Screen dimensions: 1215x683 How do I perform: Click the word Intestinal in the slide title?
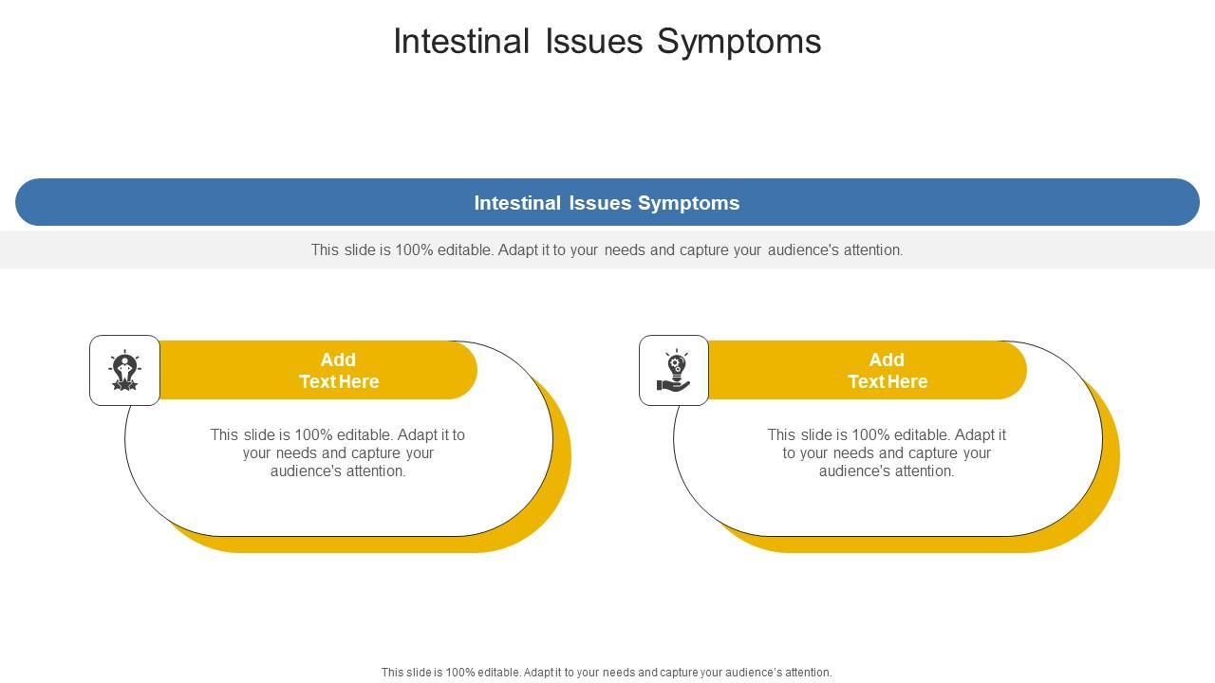[461, 41]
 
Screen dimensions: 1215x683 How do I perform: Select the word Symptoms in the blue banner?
[689, 204]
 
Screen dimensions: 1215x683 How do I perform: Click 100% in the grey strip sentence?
[414, 249]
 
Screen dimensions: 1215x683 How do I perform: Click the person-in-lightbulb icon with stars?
[124, 370]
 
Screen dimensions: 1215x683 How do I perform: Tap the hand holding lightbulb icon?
[674, 370]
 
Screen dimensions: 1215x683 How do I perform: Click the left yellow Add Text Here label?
[339, 370]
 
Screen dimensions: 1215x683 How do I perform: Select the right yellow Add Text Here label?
[888, 370]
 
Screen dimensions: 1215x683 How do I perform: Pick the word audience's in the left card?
[307, 471]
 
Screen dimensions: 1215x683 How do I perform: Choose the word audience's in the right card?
[855, 471]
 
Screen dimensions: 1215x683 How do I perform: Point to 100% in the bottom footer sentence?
[459, 673]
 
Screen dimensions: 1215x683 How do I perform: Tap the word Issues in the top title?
[594, 41]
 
